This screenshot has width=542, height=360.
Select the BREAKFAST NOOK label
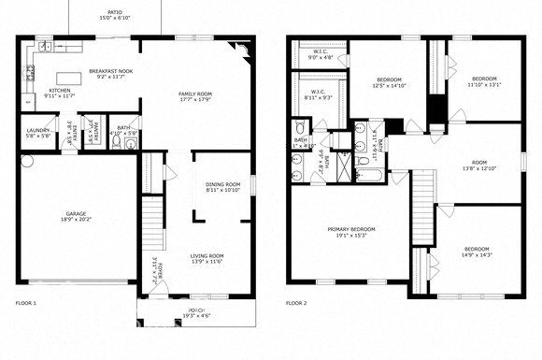[110, 71]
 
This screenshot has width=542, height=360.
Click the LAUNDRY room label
[37, 130]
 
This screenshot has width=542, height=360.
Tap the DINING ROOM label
[223, 184]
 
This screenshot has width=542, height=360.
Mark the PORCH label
[197, 310]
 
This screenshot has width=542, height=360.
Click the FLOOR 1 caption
[26, 303]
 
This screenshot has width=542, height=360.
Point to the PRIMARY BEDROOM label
[351, 229]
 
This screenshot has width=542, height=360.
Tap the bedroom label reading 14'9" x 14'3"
[477, 248]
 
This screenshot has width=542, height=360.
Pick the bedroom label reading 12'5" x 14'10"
[389, 79]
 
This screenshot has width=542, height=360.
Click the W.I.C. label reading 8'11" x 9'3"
[319, 94]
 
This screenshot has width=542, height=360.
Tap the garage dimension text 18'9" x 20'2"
[76, 221]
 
